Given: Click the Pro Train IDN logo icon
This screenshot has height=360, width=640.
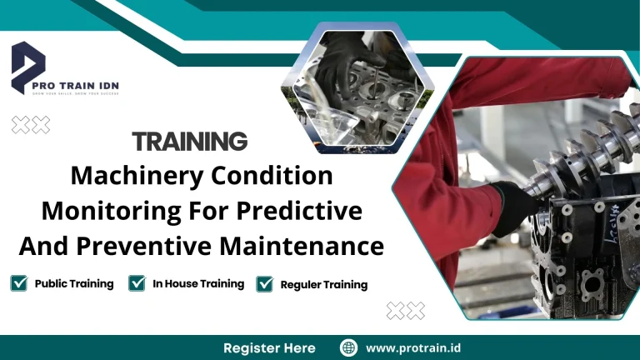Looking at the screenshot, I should point(27,67).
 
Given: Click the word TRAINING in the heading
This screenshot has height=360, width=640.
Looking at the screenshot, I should point(190,141).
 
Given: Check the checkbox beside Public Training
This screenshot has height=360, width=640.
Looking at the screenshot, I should point(18,283).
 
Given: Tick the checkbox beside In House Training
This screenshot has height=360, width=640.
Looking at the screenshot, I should point(137,283).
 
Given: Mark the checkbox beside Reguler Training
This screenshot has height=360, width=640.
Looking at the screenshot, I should point(265,284).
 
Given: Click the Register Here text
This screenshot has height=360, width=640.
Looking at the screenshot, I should point(269,347).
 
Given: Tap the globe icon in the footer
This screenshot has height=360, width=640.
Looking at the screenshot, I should point(349,347).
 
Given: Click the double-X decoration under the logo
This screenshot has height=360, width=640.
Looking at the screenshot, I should point(31,125).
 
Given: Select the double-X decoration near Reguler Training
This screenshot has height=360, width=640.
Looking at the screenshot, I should point(406,311).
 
